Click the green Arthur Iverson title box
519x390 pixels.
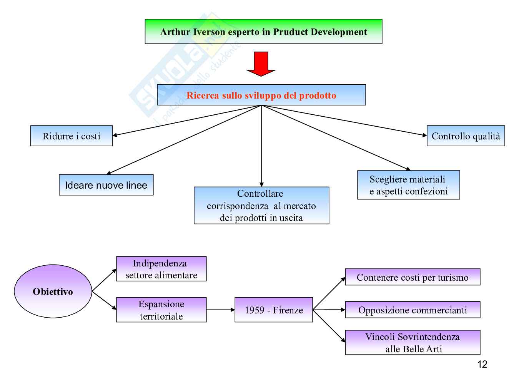tap(263, 32)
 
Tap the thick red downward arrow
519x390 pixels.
tap(261, 64)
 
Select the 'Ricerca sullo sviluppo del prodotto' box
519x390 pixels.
tap(261, 95)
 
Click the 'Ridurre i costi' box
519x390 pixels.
tap(72, 136)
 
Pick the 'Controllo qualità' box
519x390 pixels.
tap(466, 136)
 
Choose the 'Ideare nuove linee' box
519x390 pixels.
tap(106, 185)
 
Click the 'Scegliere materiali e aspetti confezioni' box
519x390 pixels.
tap(409, 185)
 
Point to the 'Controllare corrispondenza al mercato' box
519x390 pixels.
tap(261, 206)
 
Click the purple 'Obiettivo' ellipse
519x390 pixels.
tap(53, 291)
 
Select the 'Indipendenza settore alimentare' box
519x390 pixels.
tap(161, 269)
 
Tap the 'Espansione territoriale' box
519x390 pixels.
tap(161, 310)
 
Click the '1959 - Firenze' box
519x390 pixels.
tap(274, 310)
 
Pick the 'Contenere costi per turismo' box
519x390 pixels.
tap(413, 277)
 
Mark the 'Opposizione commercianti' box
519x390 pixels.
tap(413, 310)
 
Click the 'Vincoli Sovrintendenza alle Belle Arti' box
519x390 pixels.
tap(413, 343)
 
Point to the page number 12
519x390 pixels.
tap(482, 364)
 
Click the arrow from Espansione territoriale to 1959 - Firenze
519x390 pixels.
tap(220, 310)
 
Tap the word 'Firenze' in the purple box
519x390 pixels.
tap(288, 310)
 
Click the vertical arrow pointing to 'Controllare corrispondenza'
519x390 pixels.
tap(261, 146)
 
